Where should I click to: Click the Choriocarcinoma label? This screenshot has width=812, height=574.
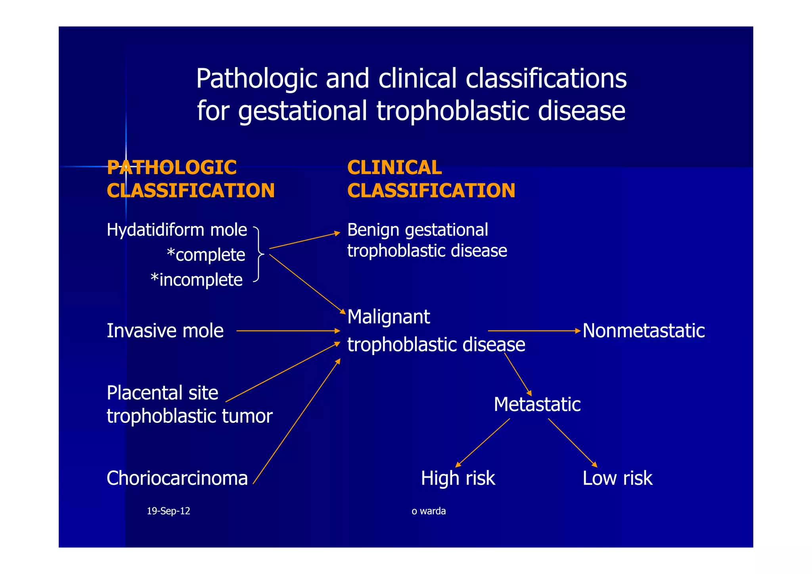click(x=177, y=478)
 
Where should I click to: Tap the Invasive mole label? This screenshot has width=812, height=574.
click(x=165, y=331)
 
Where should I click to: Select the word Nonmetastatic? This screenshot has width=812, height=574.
click(x=643, y=331)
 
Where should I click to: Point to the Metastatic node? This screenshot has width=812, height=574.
click(x=537, y=405)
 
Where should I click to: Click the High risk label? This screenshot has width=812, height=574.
click(x=458, y=478)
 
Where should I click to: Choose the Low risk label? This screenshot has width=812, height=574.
click(x=617, y=478)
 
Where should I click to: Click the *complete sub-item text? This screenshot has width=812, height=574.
click(x=206, y=255)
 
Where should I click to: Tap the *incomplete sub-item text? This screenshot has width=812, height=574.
click(x=197, y=280)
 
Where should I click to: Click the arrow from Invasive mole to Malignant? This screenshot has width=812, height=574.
click(x=288, y=330)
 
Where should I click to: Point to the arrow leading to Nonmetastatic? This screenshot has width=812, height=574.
click(x=534, y=330)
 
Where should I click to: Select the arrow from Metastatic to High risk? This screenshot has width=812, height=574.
click(x=483, y=443)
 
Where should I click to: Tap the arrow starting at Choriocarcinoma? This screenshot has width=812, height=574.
click(x=297, y=421)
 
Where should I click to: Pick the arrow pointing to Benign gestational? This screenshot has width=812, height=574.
click(x=304, y=240)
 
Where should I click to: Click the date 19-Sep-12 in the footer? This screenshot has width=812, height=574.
click(x=168, y=511)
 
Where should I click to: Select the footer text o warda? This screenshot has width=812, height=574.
click(x=429, y=511)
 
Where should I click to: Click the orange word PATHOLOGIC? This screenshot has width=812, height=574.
click(x=172, y=167)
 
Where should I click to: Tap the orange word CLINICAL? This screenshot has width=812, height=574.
click(x=394, y=167)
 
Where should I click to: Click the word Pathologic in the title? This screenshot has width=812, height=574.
click(x=257, y=78)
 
